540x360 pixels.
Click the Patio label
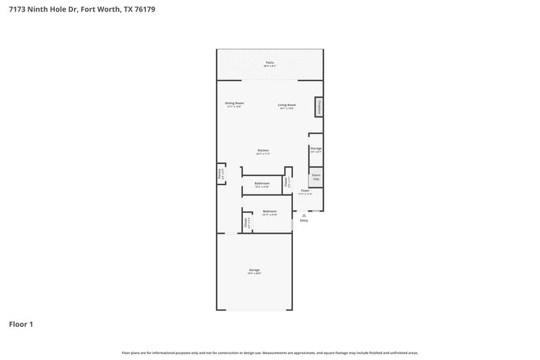click(269, 62)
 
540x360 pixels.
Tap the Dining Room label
click(234, 103)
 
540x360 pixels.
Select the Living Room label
click(288, 105)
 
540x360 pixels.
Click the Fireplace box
click(318, 107)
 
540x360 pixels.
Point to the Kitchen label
click(263, 150)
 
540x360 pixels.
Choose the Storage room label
click(316, 148)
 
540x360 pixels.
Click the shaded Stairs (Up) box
click(316, 177)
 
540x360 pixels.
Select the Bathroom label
click(262, 184)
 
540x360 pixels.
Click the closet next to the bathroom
click(287, 182)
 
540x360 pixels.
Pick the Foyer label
click(305, 191)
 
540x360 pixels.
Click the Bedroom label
click(270, 211)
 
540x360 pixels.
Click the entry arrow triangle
click(304, 215)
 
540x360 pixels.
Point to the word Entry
click(304, 221)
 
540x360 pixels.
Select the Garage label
click(254, 269)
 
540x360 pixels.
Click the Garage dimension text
click(254, 274)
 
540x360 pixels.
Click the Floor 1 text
click(21, 324)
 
